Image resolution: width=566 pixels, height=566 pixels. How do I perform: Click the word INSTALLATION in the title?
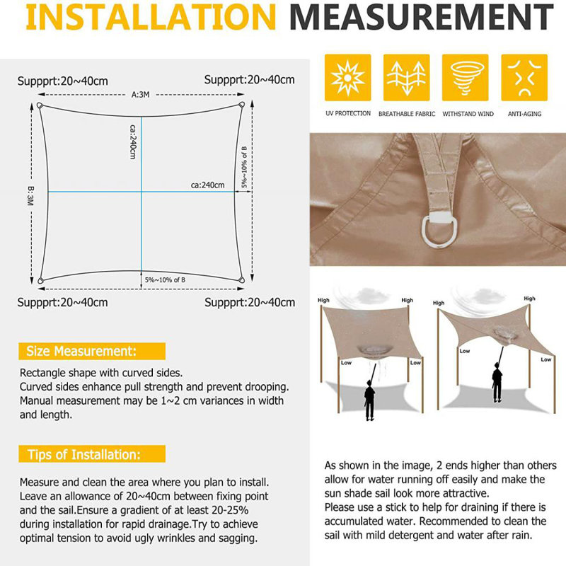click(151, 16)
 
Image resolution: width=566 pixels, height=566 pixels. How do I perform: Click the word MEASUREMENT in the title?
click(422, 16)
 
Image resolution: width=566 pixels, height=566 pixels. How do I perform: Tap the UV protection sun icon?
click(347, 78)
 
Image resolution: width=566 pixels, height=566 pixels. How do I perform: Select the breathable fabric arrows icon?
click(406, 78)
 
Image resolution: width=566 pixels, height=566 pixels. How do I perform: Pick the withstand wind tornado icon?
click(466, 78)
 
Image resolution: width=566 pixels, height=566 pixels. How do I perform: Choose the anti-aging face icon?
click(524, 78)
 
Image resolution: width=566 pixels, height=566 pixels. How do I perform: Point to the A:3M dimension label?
click(140, 95)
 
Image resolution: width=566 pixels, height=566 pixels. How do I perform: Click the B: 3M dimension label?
click(30, 196)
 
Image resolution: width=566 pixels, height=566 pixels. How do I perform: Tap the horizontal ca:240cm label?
click(207, 185)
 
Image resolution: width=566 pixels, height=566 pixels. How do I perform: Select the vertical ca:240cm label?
click(133, 142)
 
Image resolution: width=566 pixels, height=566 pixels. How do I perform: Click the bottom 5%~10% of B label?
click(165, 279)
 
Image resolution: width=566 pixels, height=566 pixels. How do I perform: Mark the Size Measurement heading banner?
click(92, 351)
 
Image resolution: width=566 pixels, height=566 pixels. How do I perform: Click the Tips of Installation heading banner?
click(92, 454)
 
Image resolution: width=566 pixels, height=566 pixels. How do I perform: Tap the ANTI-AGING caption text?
click(524, 114)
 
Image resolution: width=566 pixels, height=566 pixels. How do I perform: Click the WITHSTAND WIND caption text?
click(468, 114)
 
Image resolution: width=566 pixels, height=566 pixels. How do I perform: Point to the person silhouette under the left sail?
click(369, 400)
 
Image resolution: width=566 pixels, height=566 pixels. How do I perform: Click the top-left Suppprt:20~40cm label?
click(63, 81)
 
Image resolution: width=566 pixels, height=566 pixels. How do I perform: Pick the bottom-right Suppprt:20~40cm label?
click(250, 303)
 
